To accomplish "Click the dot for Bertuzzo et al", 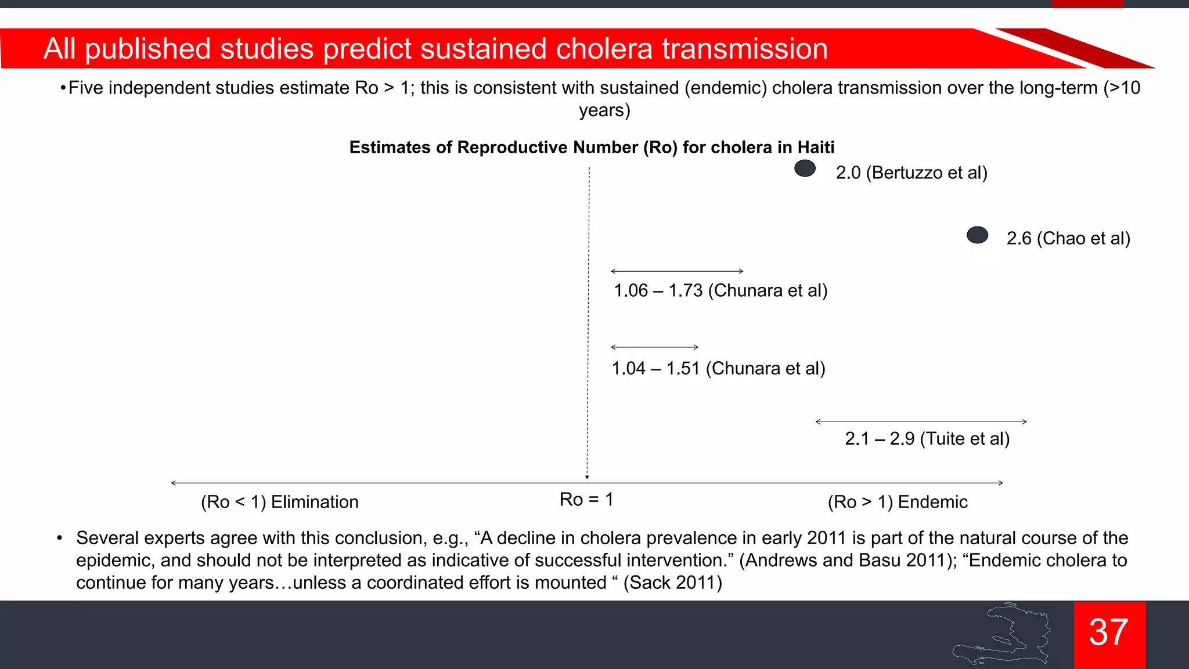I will (x=805, y=168).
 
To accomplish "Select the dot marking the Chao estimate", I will (x=977, y=235).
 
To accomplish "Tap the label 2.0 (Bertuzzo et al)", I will (x=911, y=173).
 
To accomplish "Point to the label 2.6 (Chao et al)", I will (x=1068, y=239).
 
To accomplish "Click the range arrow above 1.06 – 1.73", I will (x=677, y=271).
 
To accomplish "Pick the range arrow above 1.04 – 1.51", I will (x=654, y=347).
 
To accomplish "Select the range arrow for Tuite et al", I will (x=921, y=422).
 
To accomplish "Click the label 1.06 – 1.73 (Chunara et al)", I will (x=720, y=290).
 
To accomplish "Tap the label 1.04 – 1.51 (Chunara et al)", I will (x=718, y=368).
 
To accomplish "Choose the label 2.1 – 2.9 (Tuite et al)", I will (x=927, y=438).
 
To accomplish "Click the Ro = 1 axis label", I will (x=586, y=499).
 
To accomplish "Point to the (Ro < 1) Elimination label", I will (x=279, y=502).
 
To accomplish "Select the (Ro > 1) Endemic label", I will (x=898, y=502).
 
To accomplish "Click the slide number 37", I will (x=1109, y=632).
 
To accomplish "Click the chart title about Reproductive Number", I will (x=592, y=148).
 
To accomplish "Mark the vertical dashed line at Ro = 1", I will (x=588, y=319).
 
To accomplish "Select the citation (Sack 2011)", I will (x=673, y=582).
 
